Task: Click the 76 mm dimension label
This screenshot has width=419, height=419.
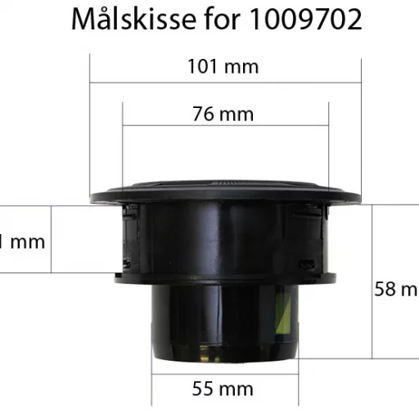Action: [223, 114]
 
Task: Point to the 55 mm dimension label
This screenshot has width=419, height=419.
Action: [223, 389]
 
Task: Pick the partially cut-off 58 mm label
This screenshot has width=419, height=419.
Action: [396, 289]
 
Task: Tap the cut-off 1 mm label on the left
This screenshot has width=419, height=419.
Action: [22, 241]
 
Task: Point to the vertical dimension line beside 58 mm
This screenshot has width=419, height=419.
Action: [373, 278]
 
